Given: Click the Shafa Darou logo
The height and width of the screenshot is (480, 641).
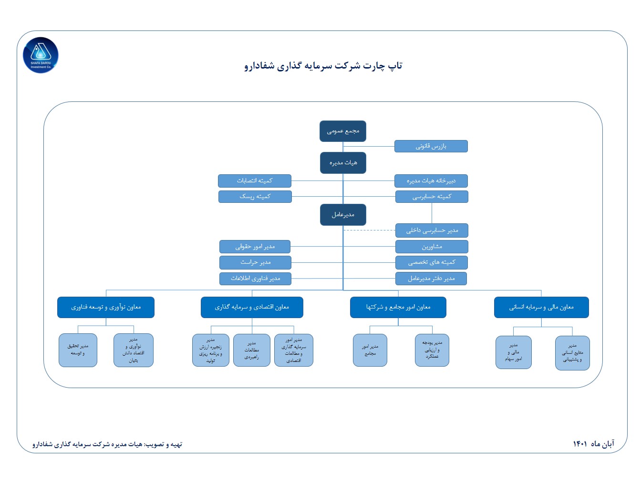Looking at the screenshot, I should [41, 56].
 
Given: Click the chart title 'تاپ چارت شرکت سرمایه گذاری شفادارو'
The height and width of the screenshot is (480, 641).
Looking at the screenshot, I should [323, 66].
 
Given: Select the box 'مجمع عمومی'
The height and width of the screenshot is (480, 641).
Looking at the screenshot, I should [343, 131].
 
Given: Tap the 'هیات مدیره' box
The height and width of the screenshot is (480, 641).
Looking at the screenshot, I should [343, 163].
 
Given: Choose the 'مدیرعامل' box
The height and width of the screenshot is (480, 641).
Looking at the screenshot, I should [343, 215].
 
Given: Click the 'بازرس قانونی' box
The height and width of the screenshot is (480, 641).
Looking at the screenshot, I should [431, 146].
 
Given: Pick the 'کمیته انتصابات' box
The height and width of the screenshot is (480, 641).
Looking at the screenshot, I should [255, 181].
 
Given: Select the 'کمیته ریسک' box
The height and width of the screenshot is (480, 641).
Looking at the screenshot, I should [255, 197].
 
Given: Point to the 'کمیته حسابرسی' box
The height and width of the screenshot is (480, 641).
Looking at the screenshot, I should [432, 197].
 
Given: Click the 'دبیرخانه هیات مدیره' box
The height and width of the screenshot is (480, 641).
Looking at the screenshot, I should [431, 181].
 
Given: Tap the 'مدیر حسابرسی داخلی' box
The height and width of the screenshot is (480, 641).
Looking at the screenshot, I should [432, 230].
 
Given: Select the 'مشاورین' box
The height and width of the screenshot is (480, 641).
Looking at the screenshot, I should [432, 247].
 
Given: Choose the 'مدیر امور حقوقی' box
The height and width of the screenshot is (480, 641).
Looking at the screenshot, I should [255, 247].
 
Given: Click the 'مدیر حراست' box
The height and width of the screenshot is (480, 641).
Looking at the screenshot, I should [255, 262].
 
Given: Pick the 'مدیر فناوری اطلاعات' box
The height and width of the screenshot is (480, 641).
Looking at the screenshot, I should [255, 279].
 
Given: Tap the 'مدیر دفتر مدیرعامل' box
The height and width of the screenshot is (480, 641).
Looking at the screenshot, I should [431, 279].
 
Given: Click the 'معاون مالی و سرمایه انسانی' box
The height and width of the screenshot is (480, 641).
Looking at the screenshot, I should [541, 307].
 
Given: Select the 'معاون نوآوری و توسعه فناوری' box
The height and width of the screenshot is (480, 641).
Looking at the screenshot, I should [106, 307].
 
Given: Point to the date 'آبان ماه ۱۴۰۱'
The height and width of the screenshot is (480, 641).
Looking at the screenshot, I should [593, 444].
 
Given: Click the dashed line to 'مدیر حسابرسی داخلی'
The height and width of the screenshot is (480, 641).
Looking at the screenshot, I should [369, 230].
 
